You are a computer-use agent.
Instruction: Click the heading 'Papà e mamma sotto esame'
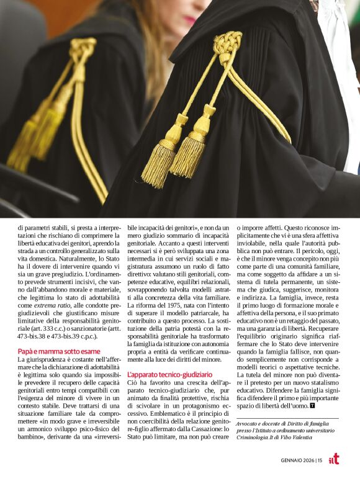(50, 351)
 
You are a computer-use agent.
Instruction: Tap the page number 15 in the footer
(319, 460)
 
